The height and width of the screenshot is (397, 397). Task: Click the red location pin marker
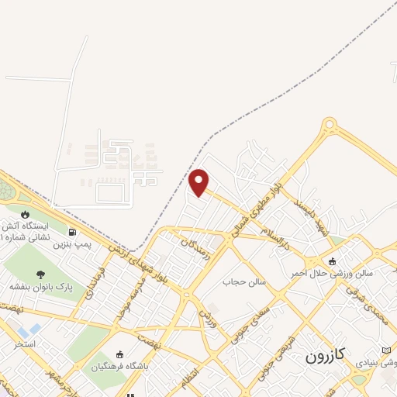[x=199, y=182]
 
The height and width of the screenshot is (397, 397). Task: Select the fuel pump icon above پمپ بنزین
[x=73, y=231]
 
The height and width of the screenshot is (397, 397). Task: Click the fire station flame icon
[x=26, y=213]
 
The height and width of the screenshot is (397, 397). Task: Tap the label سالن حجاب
[x=245, y=281]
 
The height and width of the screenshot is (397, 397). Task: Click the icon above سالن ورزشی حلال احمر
[x=333, y=261]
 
